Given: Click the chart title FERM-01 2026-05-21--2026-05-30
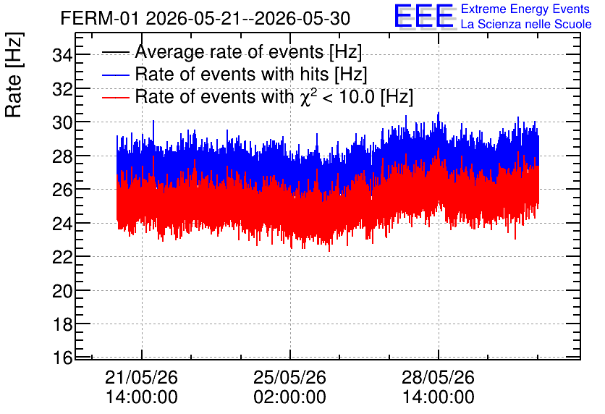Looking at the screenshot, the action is pyautogui.click(x=206, y=18).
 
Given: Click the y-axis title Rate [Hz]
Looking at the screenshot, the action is pyautogui.click(x=14, y=75).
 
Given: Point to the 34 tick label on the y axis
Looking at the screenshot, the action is pyautogui.click(x=62, y=55).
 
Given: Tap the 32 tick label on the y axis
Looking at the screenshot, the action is pyautogui.click(x=62, y=89).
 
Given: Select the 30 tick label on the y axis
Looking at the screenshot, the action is pyautogui.click(x=62, y=123).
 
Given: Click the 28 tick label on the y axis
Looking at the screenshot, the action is pyautogui.click(x=62, y=156).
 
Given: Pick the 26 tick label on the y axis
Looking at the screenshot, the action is pyautogui.click(x=62, y=190).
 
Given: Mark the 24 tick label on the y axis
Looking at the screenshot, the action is pyautogui.click(x=62, y=224).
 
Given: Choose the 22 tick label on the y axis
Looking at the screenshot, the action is pyautogui.click(x=62, y=257).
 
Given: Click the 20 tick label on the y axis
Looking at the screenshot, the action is pyautogui.click(x=62, y=291).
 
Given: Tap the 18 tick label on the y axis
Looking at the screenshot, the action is pyautogui.click(x=62, y=324).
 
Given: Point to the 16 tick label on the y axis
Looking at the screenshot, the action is pyautogui.click(x=62, y=358).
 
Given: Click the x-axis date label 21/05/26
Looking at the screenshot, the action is pyautogui.click(x=141, y=377).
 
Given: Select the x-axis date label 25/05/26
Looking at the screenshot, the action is pyautogui.click(x=289, y=377).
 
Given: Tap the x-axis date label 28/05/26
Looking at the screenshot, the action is pyautogui.click(x=438, y=377).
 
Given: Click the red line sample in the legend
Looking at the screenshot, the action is pyautogui.click(x=115, y=97).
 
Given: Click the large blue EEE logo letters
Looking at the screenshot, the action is pyautogui.click(x=424, y=16).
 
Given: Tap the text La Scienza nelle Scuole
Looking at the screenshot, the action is pyautogui.click(x=526, y=25).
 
